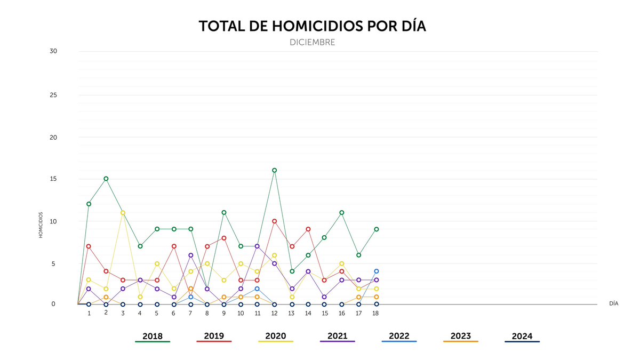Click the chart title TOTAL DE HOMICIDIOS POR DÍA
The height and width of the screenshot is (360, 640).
point(313,26)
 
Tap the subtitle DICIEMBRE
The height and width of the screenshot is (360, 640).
point(313,42)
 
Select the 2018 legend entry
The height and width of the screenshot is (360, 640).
point(153,337)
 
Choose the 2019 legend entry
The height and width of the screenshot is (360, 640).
point(214,337)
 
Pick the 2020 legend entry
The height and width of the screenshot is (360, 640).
point(276,337)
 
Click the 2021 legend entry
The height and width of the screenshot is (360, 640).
point(337,337)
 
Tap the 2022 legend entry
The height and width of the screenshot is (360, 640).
point(399,337)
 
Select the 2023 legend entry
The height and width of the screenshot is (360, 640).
point(460,337)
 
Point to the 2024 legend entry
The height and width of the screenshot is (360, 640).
point(522,337)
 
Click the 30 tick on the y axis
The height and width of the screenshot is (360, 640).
point(53,51)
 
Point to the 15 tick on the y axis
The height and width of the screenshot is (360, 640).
point(53,179)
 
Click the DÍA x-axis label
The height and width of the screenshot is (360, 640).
point(613,303)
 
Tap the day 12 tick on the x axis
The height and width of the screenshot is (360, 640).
point(274,313)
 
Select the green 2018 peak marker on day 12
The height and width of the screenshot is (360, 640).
point(275,170)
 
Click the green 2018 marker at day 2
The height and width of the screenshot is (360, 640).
point(106,179)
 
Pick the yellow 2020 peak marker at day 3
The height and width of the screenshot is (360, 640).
point(123,213)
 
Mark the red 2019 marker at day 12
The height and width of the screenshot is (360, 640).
point(275,221)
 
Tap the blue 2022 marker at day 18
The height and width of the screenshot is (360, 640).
point(376,271)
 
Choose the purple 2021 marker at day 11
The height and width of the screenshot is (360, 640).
point(258,246)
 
